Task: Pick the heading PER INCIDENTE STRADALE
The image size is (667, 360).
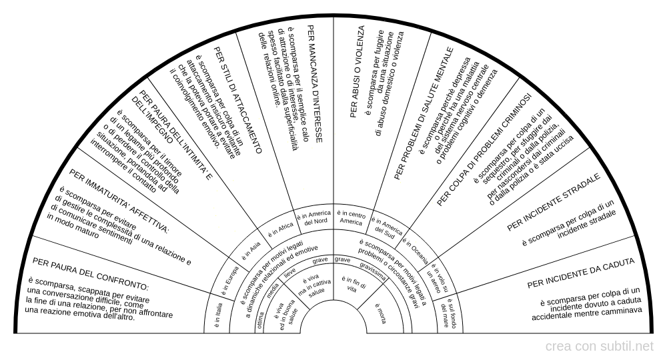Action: [x=554, y=203]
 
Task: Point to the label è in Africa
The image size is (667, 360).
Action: [x=281, y=229]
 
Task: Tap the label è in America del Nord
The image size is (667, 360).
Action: [x=315, y=217]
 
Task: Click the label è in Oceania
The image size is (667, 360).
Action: [x=417, y=244]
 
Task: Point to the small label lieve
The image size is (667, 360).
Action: [x=290, y=273]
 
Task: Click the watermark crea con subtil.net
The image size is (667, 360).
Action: [x=599, y=347]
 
